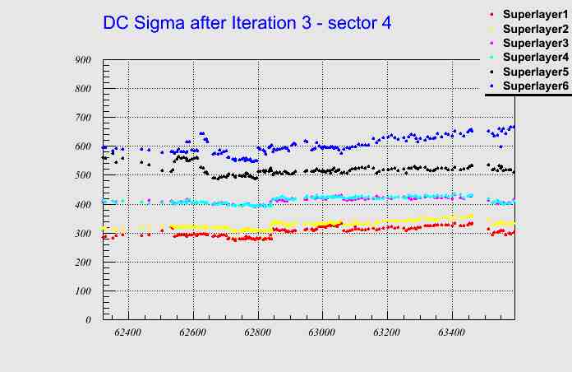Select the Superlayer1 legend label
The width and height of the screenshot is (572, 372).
pos(534,16)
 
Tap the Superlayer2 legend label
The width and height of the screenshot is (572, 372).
pos(534,30)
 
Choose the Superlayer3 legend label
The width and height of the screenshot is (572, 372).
pos(534,43)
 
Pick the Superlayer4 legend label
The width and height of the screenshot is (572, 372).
pos(534,57)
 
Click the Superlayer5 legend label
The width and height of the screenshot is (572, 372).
pos(534,72)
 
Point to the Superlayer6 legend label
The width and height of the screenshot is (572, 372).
pos(534,86)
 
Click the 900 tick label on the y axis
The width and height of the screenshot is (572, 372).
pos(82,60)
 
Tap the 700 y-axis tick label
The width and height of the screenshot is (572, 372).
pos(82,118)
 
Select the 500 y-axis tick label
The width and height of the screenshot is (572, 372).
pos(82,175)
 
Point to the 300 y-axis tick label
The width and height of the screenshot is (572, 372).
pos(82,234)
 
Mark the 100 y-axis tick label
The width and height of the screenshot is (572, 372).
pos(82,291)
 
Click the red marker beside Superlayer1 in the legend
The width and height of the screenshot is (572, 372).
pos(491,16)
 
